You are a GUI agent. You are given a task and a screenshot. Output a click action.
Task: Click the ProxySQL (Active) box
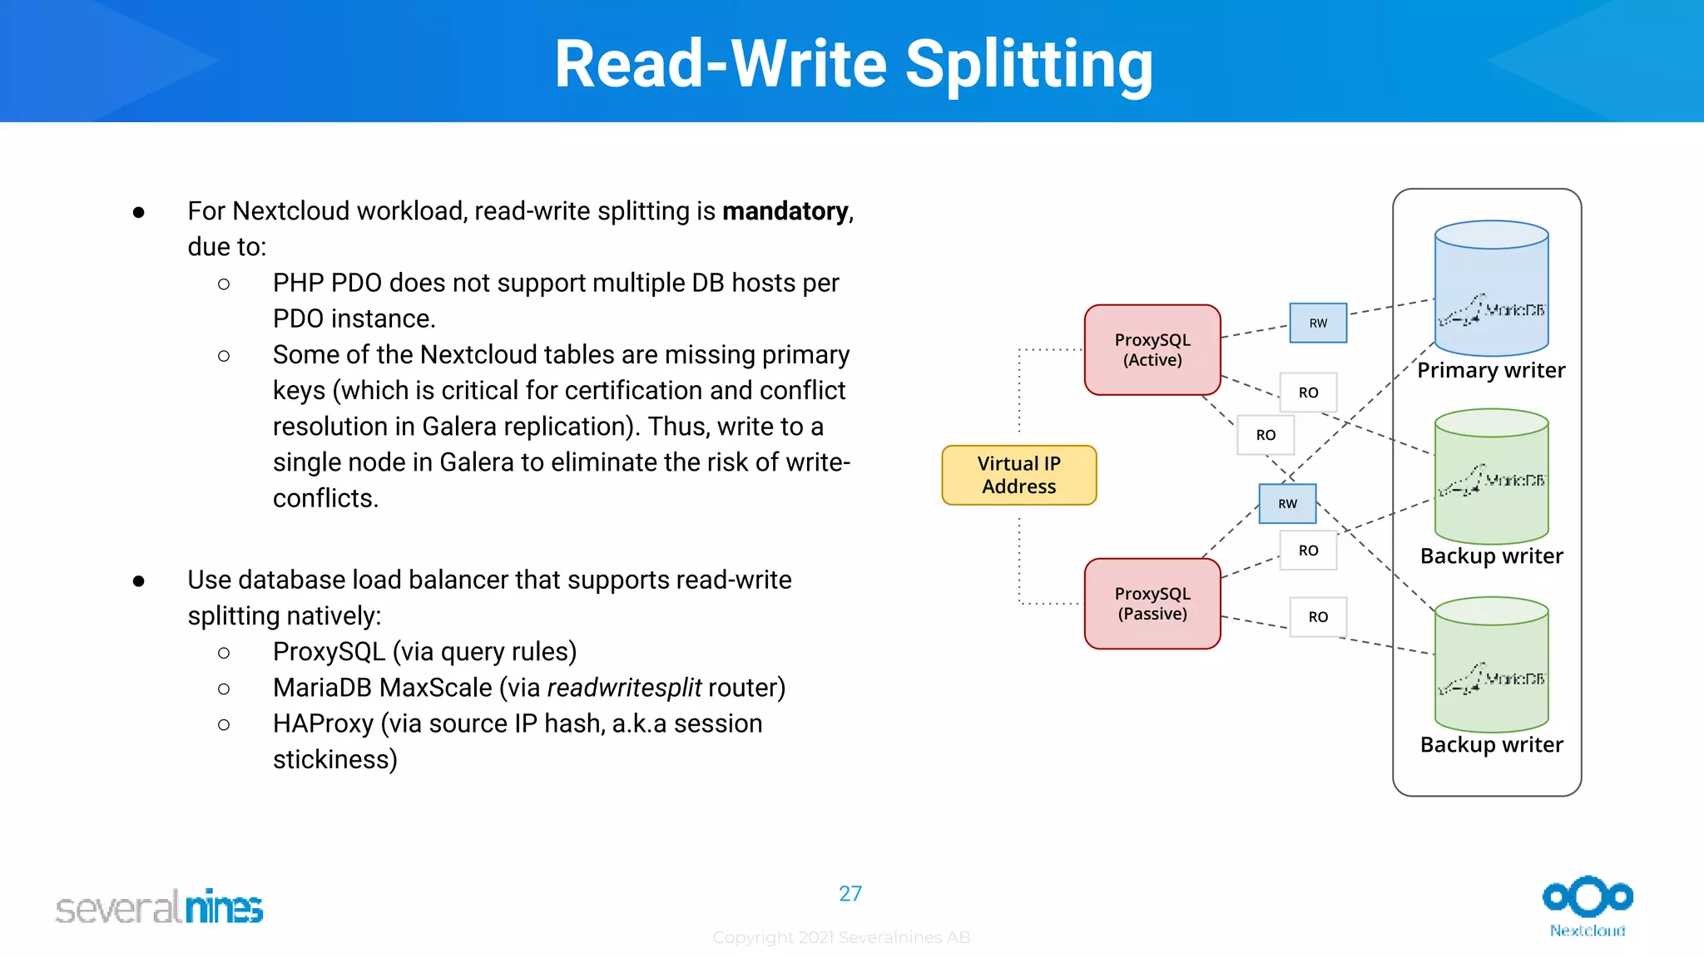pyautogui.click(x=1152, y=350)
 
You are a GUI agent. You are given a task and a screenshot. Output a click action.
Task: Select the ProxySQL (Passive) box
pyautogui.click(x=1152, y=604)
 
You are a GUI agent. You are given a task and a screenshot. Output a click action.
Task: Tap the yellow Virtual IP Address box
pyautogui.click(x=1018, y=475)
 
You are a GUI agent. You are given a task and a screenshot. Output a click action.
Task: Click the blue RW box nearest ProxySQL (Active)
pyautogui.click(x=1318, y=323)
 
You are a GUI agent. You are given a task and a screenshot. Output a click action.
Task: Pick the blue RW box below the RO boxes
pyautogui.click(x=1287, y=503)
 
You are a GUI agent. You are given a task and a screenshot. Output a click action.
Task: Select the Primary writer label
pyautogui.click(x=1491, y=370)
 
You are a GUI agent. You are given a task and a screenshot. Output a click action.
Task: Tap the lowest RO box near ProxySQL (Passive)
pyautogui.click(x=1318, y=617)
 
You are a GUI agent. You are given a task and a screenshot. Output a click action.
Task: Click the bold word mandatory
pyautogui.click(x=785, y=211)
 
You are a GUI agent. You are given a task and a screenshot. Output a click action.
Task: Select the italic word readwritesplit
pyautogui.click(x=624, y=688)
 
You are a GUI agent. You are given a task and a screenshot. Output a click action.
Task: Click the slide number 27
pyautogui.click(x=850, y=894)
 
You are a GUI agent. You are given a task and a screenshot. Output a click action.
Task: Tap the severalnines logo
pyautogui.click(x=159, y=907)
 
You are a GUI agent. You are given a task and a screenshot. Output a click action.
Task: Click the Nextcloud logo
pyautogui.click(x=1588, y=906)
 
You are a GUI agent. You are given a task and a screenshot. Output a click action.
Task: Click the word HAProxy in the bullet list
pyautogui.click(x=323, y=723)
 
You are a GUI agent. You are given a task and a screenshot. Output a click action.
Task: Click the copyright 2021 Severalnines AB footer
pyautogui.click(x=841, y=937)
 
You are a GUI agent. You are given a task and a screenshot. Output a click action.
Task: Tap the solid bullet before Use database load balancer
pyautogui.click(x=139, y=580)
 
